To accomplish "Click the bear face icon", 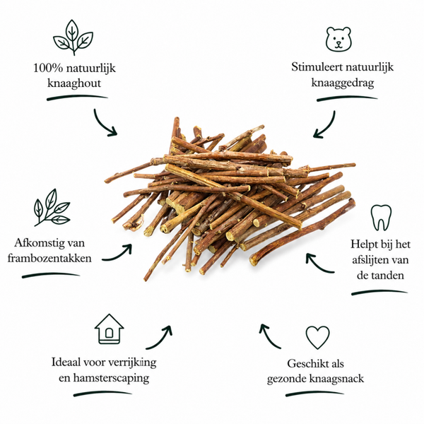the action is [338, 39].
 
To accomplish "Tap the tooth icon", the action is [381, 218].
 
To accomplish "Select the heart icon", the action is [317, 337].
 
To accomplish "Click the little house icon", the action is [110, 329].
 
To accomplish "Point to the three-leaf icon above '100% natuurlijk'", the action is [73, 37].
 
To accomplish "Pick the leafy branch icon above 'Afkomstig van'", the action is [52, 207].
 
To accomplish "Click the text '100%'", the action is [48, 68].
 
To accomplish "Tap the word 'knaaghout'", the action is [74, 83].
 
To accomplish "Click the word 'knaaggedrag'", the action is [343, 83].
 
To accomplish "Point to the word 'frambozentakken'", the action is [49, 258].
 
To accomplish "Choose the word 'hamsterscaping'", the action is [111, 378].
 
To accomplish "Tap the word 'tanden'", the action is [388, 276].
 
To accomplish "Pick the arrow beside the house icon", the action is [160, 339].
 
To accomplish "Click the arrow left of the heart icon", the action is [269, 337].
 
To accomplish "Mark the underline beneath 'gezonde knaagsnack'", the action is [314, 394].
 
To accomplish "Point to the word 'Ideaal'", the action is [66, 362].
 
